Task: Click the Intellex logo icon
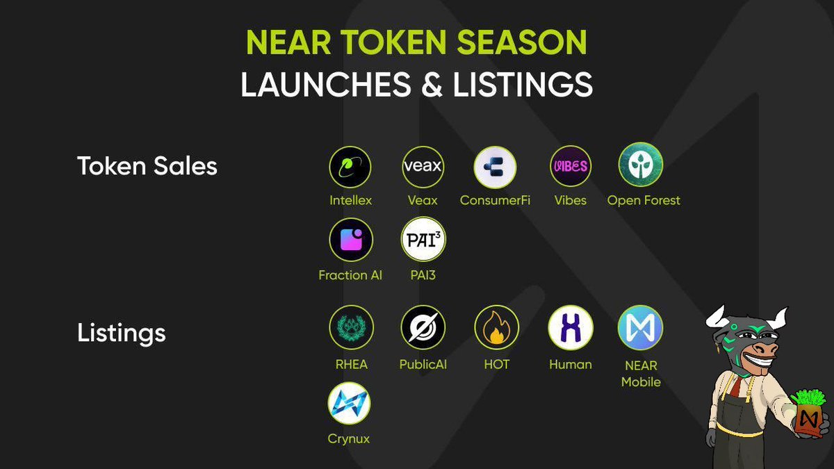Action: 350,167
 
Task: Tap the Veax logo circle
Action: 423,167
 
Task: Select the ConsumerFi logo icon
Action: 495,167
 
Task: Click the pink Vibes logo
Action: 571,166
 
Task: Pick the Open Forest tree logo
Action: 641,165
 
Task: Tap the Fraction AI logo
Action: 350,240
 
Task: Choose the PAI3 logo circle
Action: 423,240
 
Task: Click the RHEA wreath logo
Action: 350,327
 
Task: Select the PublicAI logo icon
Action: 423,327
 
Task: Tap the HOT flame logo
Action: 496,327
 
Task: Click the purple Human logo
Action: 571,327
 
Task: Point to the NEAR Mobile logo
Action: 641,327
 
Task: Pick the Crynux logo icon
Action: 349,403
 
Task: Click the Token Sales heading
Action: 147,167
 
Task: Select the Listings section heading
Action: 121,333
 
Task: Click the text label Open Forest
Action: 644,201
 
